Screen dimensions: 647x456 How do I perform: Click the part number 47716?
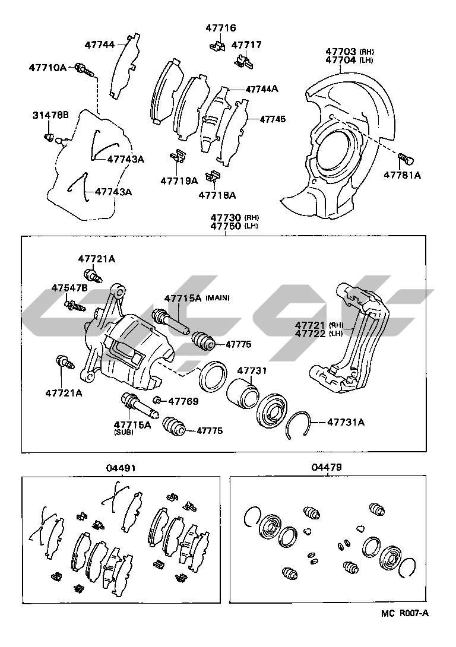coord(221,28)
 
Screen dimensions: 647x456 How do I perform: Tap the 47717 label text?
coord(246,45)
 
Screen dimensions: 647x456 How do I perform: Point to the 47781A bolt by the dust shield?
coord(406,159)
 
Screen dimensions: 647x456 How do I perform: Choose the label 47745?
coord(273,119)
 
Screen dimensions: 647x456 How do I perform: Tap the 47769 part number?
coord(183,401)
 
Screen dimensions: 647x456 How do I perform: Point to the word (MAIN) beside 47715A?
coord(217,297)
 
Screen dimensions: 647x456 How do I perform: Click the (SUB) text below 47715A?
coord(124,433)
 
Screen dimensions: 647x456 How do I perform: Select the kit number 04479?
coord(326,468)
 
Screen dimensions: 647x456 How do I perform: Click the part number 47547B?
coord(69,287)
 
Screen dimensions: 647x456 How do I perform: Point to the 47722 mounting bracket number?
coord(311,334)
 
